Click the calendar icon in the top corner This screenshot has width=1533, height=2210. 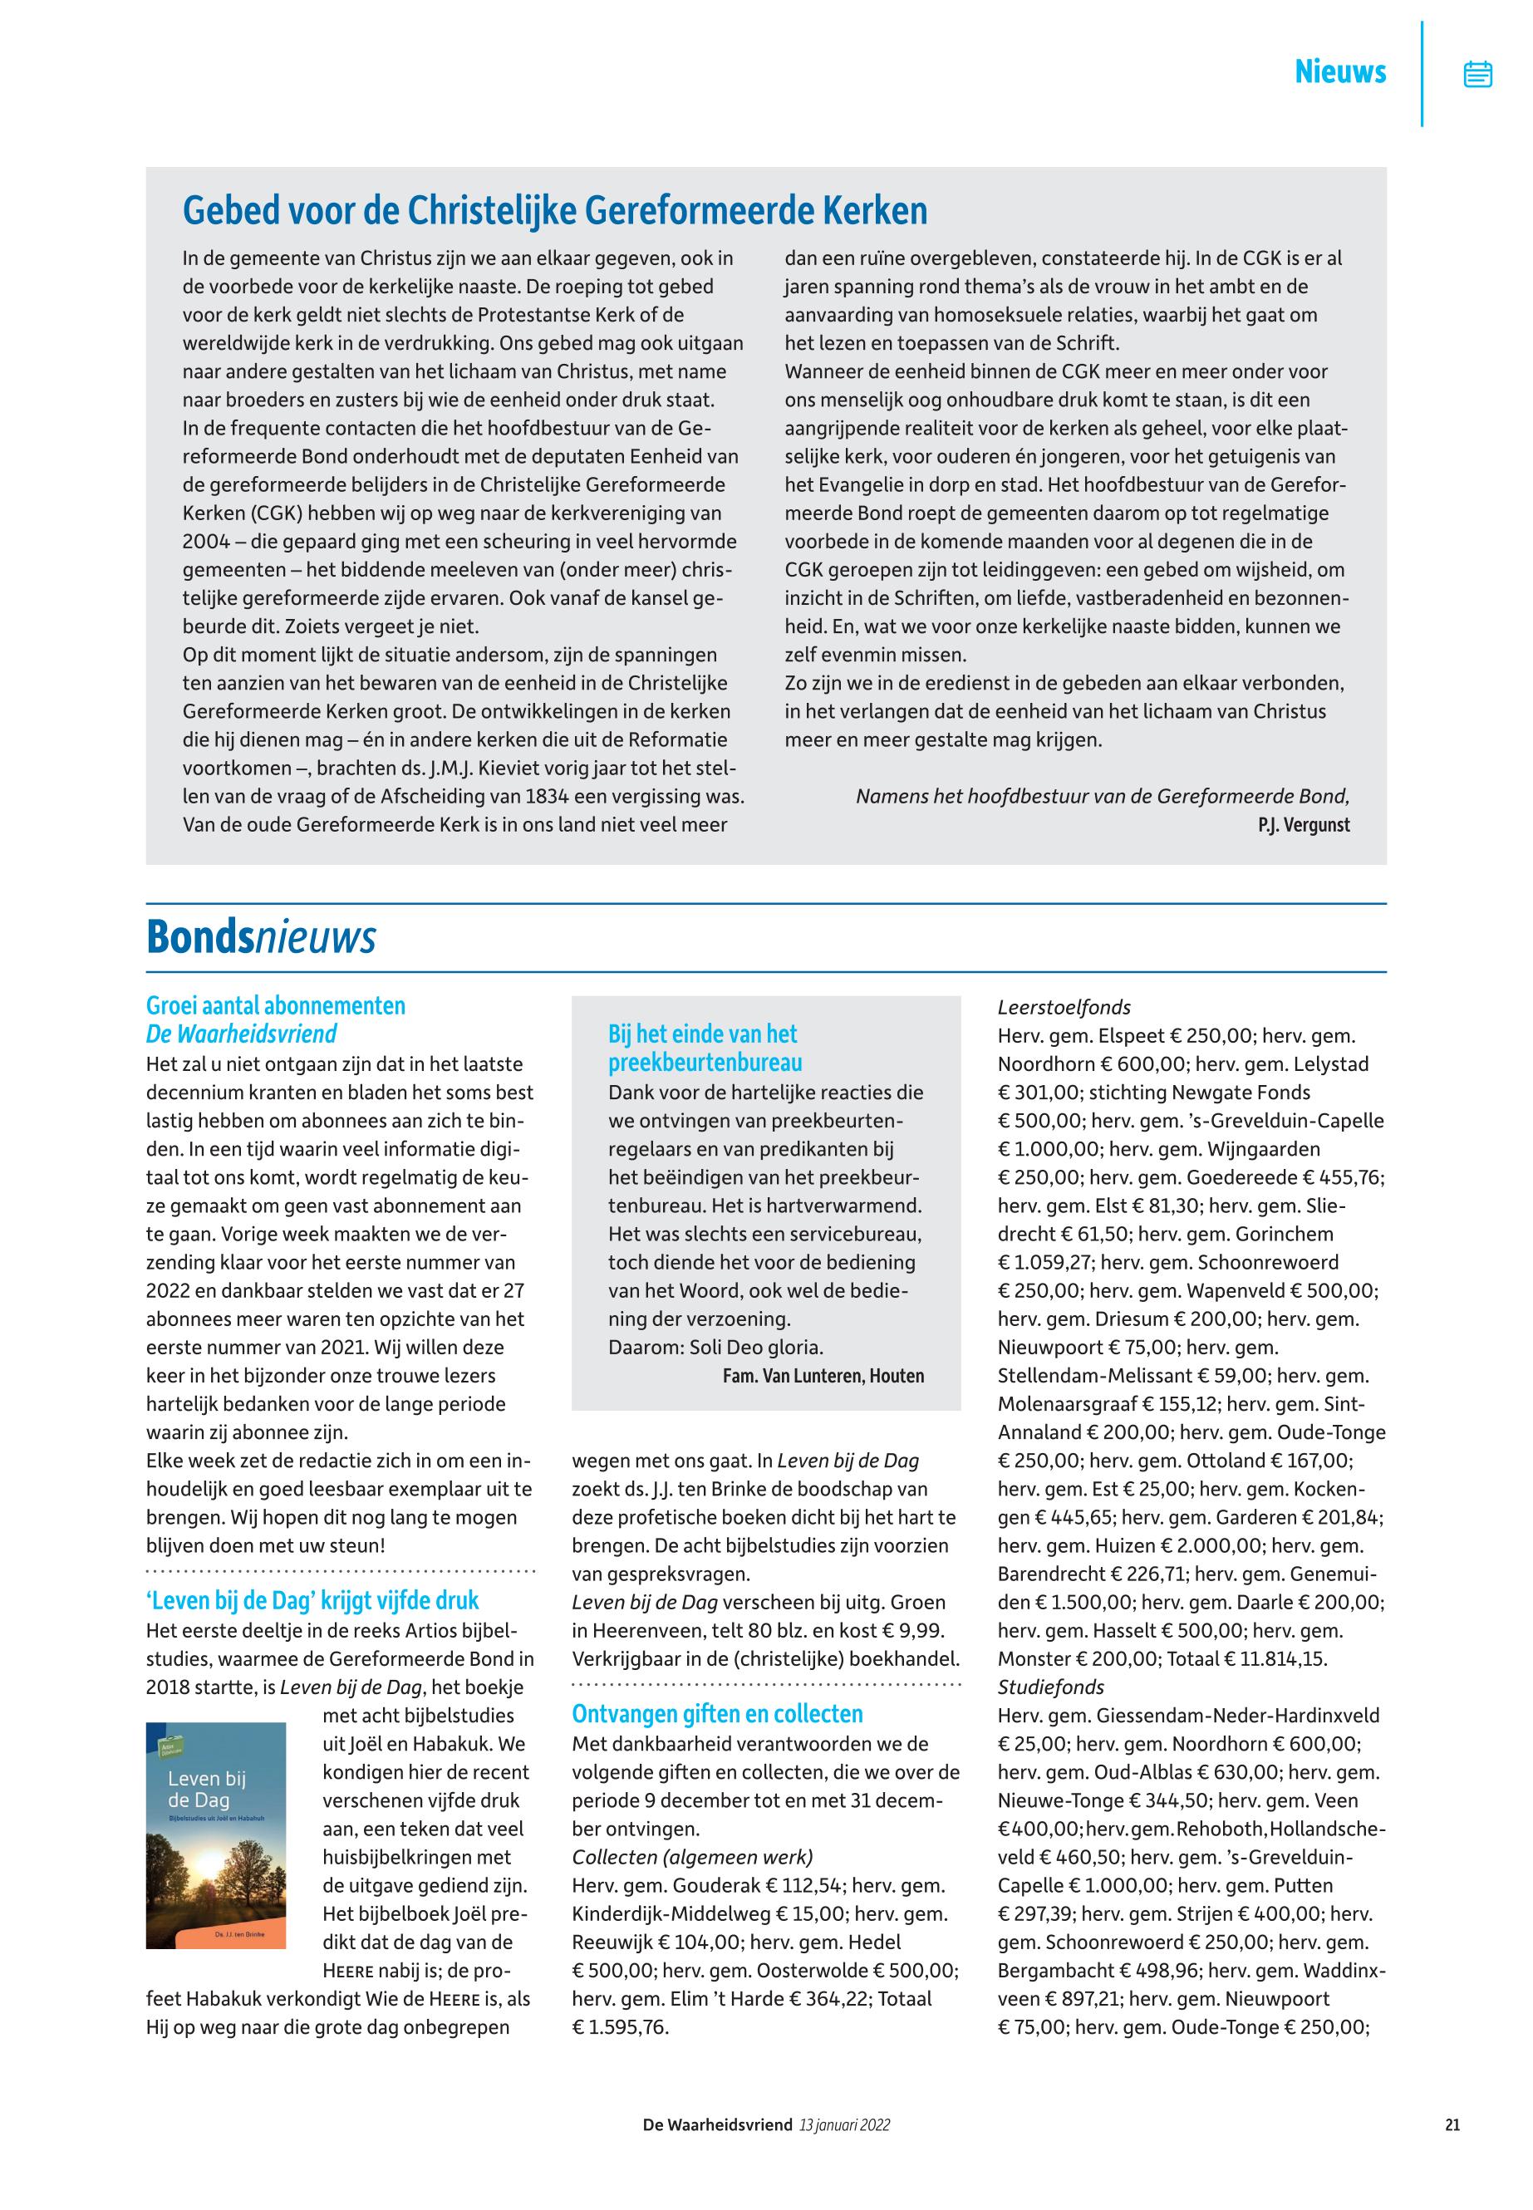click(x=1477, y=74)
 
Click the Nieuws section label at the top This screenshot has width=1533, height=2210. click(x=1340, y=72)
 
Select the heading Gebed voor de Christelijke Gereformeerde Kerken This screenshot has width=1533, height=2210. click(x=555, y=211)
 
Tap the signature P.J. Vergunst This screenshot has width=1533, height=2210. click(x=1304, y=825)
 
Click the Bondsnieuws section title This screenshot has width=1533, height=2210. click(x=260, y=938)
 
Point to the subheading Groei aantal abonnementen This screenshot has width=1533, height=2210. click(x=276, y=1005)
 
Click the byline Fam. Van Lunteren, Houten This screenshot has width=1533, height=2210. click(x=823, y=1375)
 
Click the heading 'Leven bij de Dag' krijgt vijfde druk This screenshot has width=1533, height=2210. click(x=312, y=1601)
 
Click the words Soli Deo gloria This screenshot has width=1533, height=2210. click(x=764, y=1348)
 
